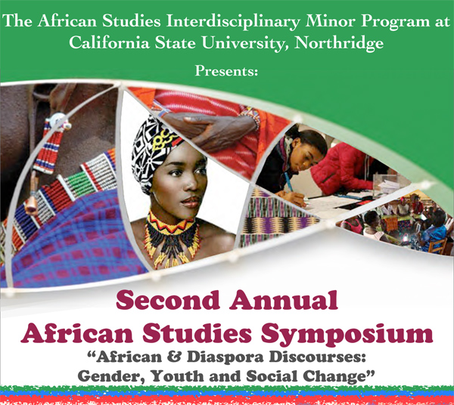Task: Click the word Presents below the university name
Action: pos(226,71)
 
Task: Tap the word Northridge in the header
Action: pos(339,43)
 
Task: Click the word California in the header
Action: pos(109,43)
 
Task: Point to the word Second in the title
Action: pos(168,300)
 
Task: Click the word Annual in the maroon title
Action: pos(284,300)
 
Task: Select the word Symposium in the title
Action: pos(347,335)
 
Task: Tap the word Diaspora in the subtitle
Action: pos(225,357)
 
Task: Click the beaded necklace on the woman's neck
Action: pos(172,237)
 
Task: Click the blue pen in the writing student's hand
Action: pos(290,181)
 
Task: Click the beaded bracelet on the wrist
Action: pos(251,116)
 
